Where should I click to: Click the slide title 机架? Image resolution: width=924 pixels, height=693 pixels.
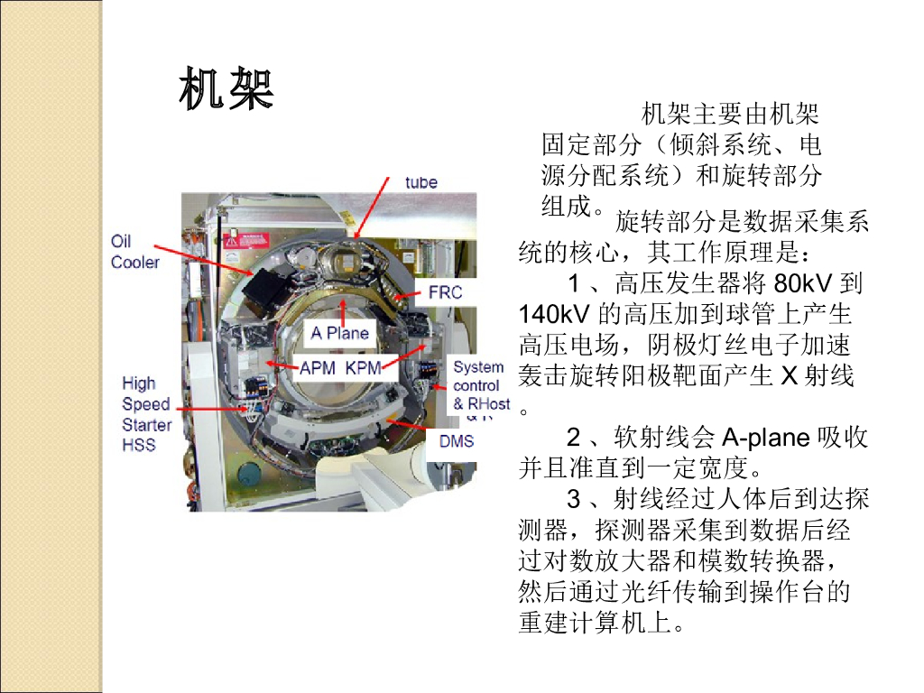(x=226, y=88)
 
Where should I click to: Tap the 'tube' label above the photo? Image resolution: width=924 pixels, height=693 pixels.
(x=421, y=182)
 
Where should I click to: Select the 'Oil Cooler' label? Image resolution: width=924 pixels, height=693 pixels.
(x=135, y=252)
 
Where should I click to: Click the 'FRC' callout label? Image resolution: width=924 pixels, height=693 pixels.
(x=446, y=292)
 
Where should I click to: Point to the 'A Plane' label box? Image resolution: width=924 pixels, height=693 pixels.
(x=340, y=333)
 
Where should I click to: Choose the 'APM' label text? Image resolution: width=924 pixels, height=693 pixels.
(x=318, y=368)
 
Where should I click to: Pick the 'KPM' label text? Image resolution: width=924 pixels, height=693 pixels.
(x=363, y=368)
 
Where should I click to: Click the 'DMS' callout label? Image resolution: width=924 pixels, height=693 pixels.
(x=457, y=440)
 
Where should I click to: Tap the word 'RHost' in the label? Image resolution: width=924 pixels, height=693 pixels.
(x=488, y=404)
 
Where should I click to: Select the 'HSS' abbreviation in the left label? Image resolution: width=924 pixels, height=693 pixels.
(x=139, y=445)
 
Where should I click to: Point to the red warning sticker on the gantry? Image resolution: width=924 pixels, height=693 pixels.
(x=246, y=241)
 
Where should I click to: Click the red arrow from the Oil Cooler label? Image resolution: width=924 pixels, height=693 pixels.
(x=204, y=260)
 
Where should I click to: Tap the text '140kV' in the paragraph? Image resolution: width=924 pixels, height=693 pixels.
(x=554, y=314)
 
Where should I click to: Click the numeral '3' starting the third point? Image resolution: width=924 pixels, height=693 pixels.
(x=574, y=500)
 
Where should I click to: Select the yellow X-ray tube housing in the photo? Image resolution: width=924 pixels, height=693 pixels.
(x=339, y=258)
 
